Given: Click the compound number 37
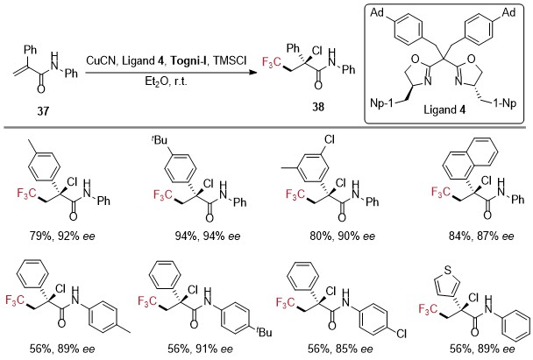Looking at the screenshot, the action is coord(43,110).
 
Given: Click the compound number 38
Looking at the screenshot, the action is coord(318,107).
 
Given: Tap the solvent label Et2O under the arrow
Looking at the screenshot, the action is coord(154,82).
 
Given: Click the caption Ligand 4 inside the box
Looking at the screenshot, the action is coord(444,109).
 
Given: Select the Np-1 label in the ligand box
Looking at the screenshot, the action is coord(381,102).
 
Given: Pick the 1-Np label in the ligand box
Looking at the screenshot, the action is coord(505,102).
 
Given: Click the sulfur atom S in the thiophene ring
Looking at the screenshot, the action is coord(448,271).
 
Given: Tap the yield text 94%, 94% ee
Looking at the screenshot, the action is coord(208,236).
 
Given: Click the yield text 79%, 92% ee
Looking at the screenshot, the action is coord(62,236).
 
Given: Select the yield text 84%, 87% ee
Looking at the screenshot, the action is coord(481,236).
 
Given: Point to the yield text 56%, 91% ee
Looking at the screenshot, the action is coord(200,349).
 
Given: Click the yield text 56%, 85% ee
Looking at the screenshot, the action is coord(340,349).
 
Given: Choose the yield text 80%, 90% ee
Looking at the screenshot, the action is coord(342,236).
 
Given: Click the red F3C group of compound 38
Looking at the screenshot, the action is coord(271,63).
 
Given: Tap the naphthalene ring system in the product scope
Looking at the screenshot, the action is coord(470,159).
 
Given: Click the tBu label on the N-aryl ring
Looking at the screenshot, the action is coord(264,331).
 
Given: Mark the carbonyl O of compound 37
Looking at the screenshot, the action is coord(41,89).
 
